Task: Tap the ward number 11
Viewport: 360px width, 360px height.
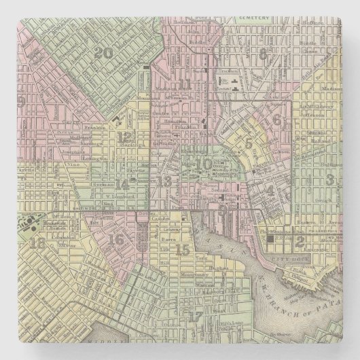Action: [185, 84]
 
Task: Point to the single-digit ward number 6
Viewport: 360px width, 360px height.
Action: [277, 120]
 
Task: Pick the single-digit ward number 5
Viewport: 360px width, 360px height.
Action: [249, 143]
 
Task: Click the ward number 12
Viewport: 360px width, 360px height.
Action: [124, 136]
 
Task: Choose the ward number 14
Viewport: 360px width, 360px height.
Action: [122, 183]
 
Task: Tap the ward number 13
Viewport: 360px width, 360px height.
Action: [167, 180]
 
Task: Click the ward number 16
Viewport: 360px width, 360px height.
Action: [117, 238]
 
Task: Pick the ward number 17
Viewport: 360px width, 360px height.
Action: [195, 295]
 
